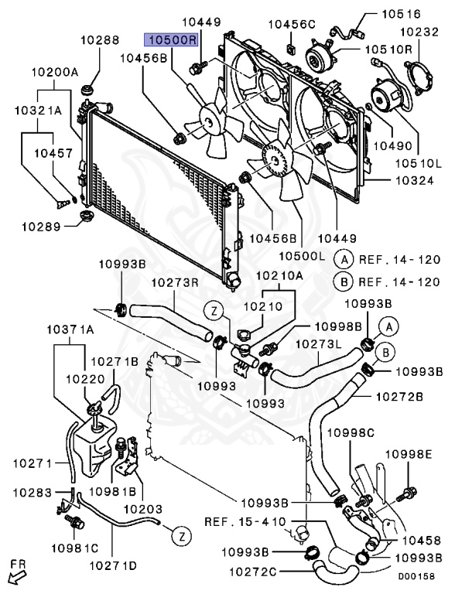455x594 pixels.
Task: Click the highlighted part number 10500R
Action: pyautogui.click(x=170, y=39)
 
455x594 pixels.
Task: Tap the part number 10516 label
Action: pyautogui.click(x=401, y=14)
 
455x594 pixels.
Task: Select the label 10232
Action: pyautogui.click(x=419, y=32)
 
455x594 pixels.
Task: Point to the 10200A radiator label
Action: pyautogui.click(x=55, y=72)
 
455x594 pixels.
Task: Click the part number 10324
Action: pyautogui.click(x=414, y=180)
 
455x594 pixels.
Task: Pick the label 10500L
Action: pyautogui.click(x=302, y=256)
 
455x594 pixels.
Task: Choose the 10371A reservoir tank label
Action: pyautogui.click(x=70, y=329)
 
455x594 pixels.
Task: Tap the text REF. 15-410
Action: pyautogui.click(x=245, y=521)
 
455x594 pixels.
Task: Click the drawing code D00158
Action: pyautogui.click(x=416, y=576)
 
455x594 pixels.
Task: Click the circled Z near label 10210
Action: pyautogui.click(x=214, y=312)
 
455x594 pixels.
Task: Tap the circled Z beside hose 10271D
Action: pyautogui.click(x=182, y=536)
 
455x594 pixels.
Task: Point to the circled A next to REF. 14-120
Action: pyautogui.click(x=344, y=260)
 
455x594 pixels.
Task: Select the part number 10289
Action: pyautogui.click(x=41, y=227)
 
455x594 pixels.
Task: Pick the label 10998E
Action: pyautogui.click(x=409, y=453)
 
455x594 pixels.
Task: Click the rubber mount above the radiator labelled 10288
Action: pyautogui.click(x=88, y=91)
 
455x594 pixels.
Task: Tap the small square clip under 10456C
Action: pyautogui.click(x=292, y=48)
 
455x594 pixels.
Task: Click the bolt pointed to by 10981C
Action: pyautogui.click(x=74, y=522)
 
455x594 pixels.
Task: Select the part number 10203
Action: pyautogui.click(x=143, y=509)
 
